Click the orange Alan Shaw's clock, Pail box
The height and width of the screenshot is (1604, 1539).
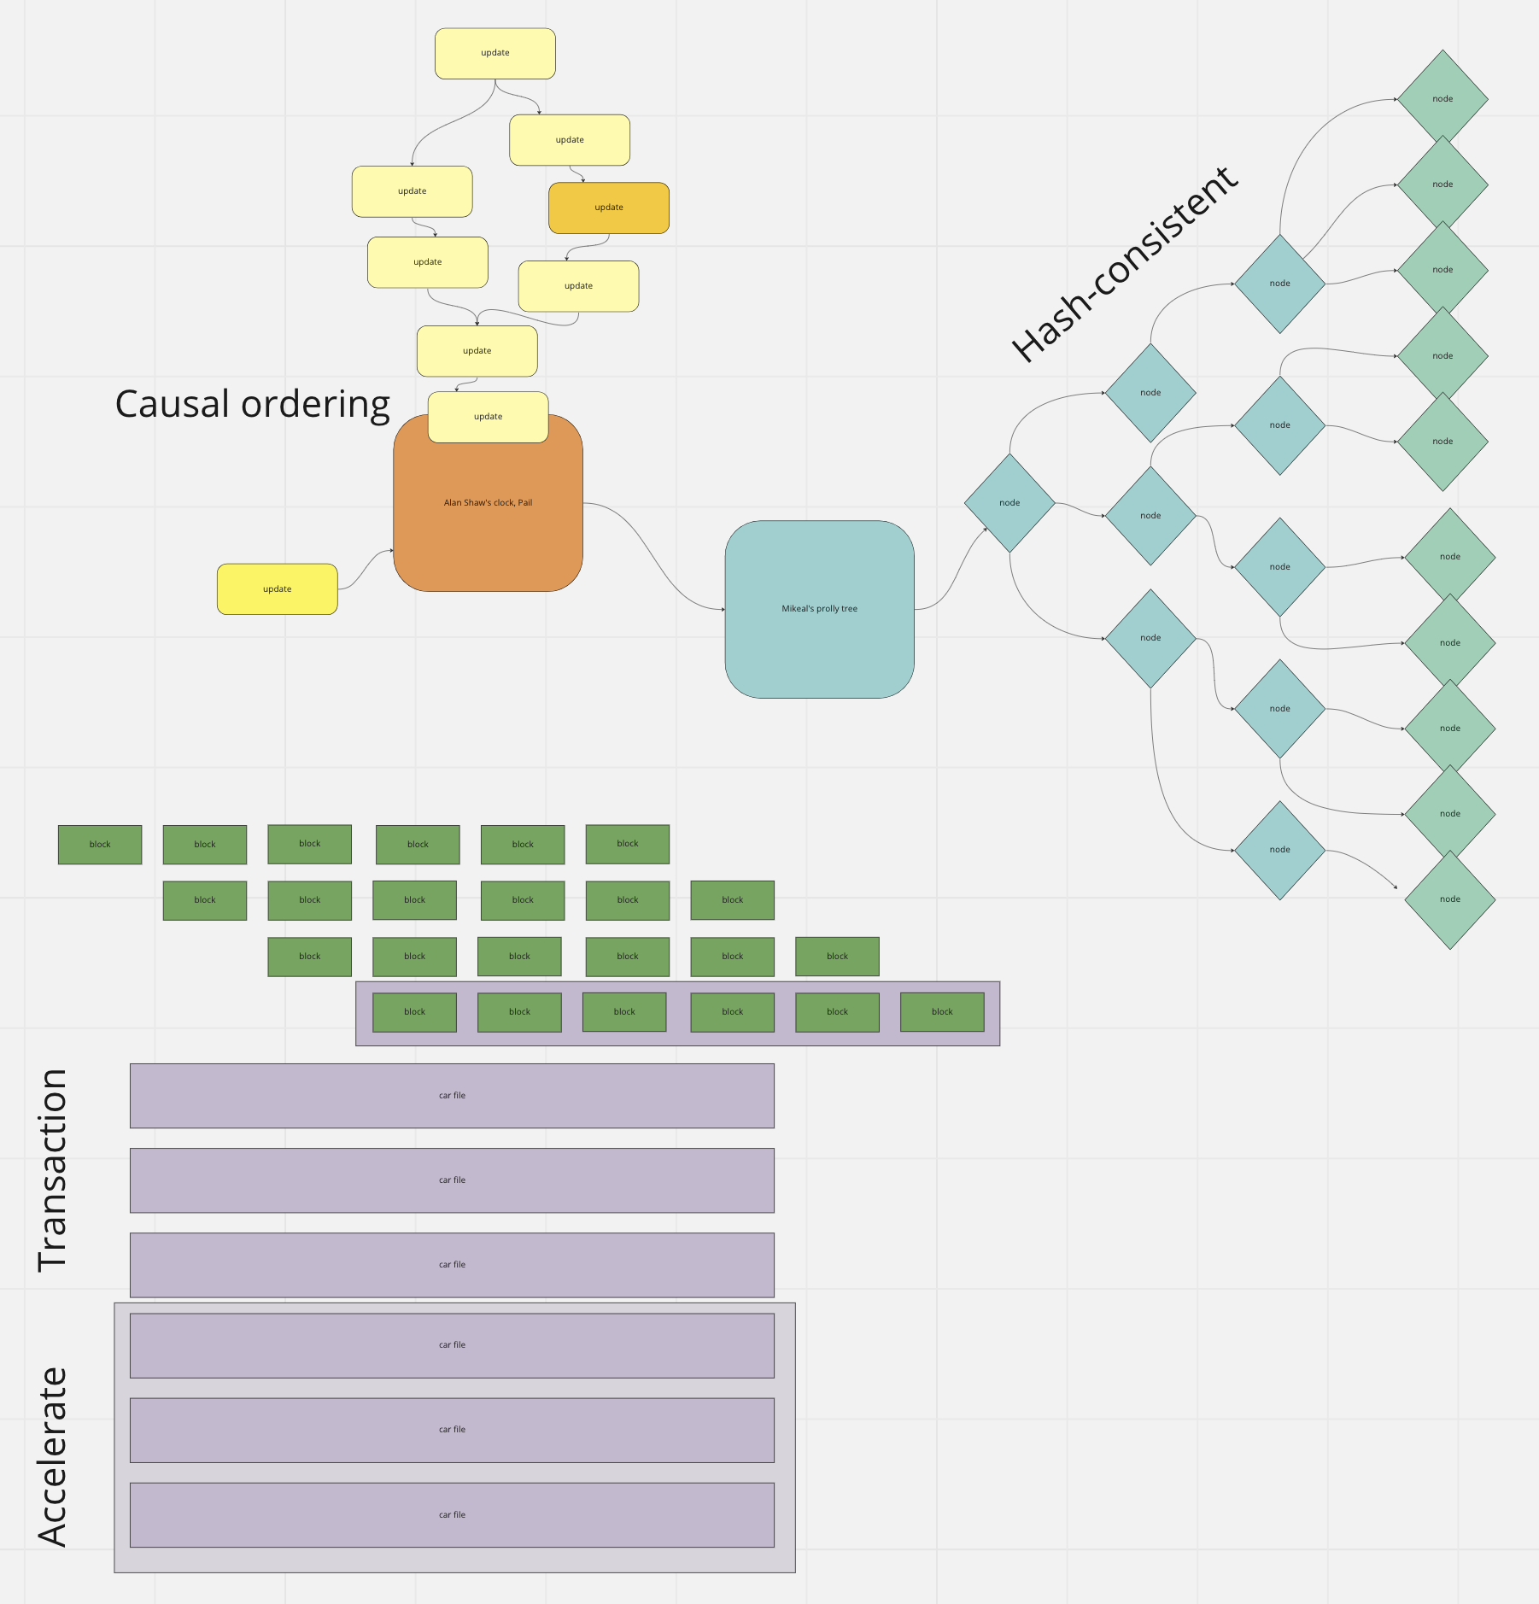tap(488, 521)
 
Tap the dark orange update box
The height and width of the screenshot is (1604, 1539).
tap(608, 208)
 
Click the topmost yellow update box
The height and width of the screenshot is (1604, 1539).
tap(494, 53)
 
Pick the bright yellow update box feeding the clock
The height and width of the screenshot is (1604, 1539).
tap(277, 589)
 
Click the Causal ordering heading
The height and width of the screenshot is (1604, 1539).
tap(252, 404)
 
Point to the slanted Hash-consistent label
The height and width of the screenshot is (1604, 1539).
tap(1123, 265)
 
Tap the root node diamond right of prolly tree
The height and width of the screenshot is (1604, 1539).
tap(1009, 503)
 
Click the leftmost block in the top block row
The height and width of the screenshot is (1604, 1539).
tap(100, 845)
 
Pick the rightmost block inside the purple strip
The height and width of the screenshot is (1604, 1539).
tap(942, 1012)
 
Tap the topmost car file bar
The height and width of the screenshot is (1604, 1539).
tap(452, 1096)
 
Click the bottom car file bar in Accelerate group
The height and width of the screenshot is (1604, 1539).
tap(452, 1515)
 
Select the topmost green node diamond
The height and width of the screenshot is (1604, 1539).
tap(1442, 99)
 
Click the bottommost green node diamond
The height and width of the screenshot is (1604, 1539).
tap(1449, 899)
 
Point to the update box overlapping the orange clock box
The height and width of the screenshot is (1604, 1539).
tap(488, 417)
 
